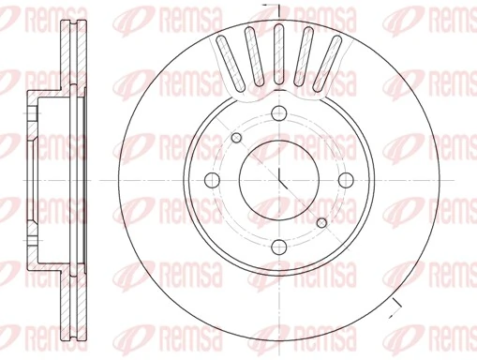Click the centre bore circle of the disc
pyautogui.click(x=279, y=181)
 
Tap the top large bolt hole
pyautogui.click(x=279, y=113)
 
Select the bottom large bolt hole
pyautogui.click(x=279, y=248)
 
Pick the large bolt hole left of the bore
pyautogui.click(x=212, y=181)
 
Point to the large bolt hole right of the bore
pyautogui.click(x=347, y=181)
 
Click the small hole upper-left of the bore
pyautogui.click(x=236, y=139)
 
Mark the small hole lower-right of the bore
pyautogui.click(x=322, y=223)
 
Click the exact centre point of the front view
pyautogui.click(x=279, y=181)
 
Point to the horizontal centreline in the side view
pyautogui.click(x=56, y=181)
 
